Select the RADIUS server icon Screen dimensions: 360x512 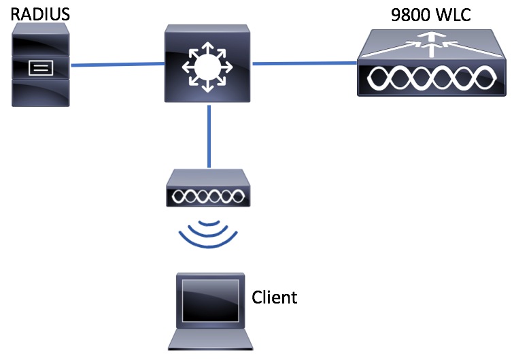point(41,65)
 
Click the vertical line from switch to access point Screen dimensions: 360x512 point(209,139)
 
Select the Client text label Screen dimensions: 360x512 point(275,297)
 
